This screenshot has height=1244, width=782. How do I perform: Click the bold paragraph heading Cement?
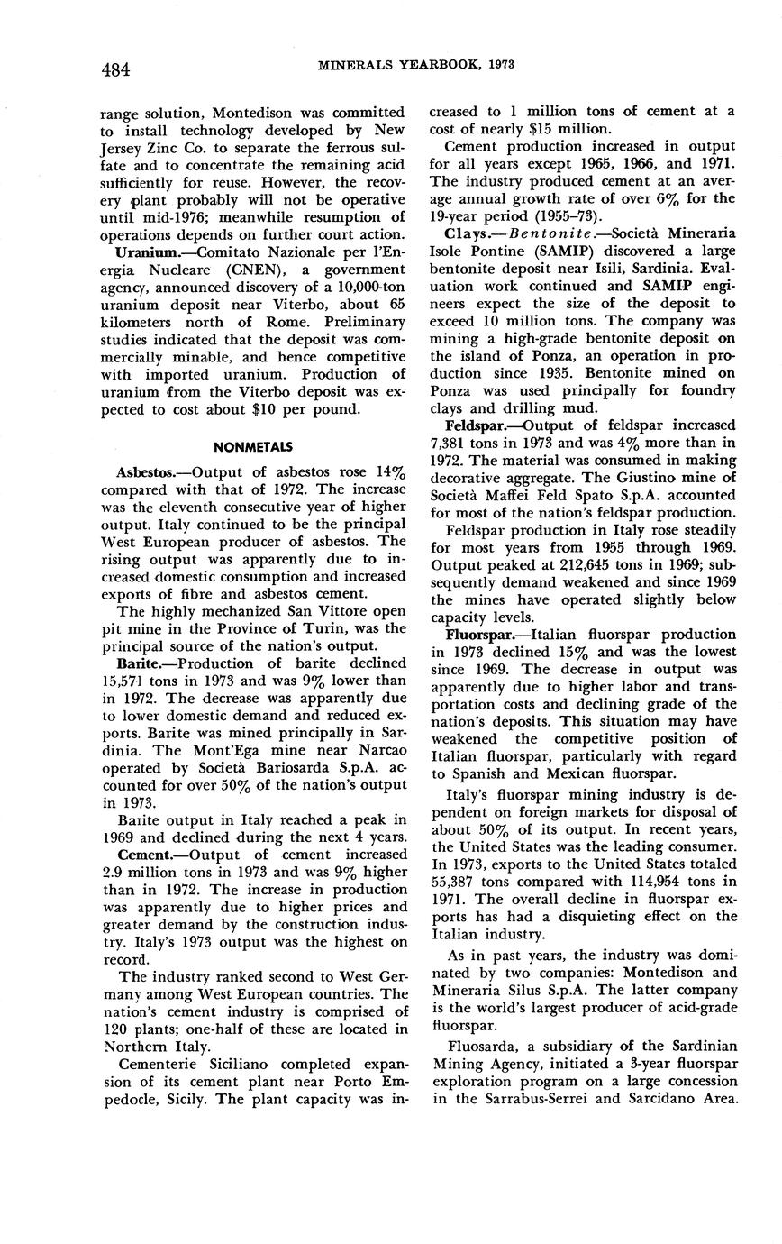pyautogui.click(x=147, y=854)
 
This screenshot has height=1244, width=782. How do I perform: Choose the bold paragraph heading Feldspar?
pyautogui.click(x=476, y=425)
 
